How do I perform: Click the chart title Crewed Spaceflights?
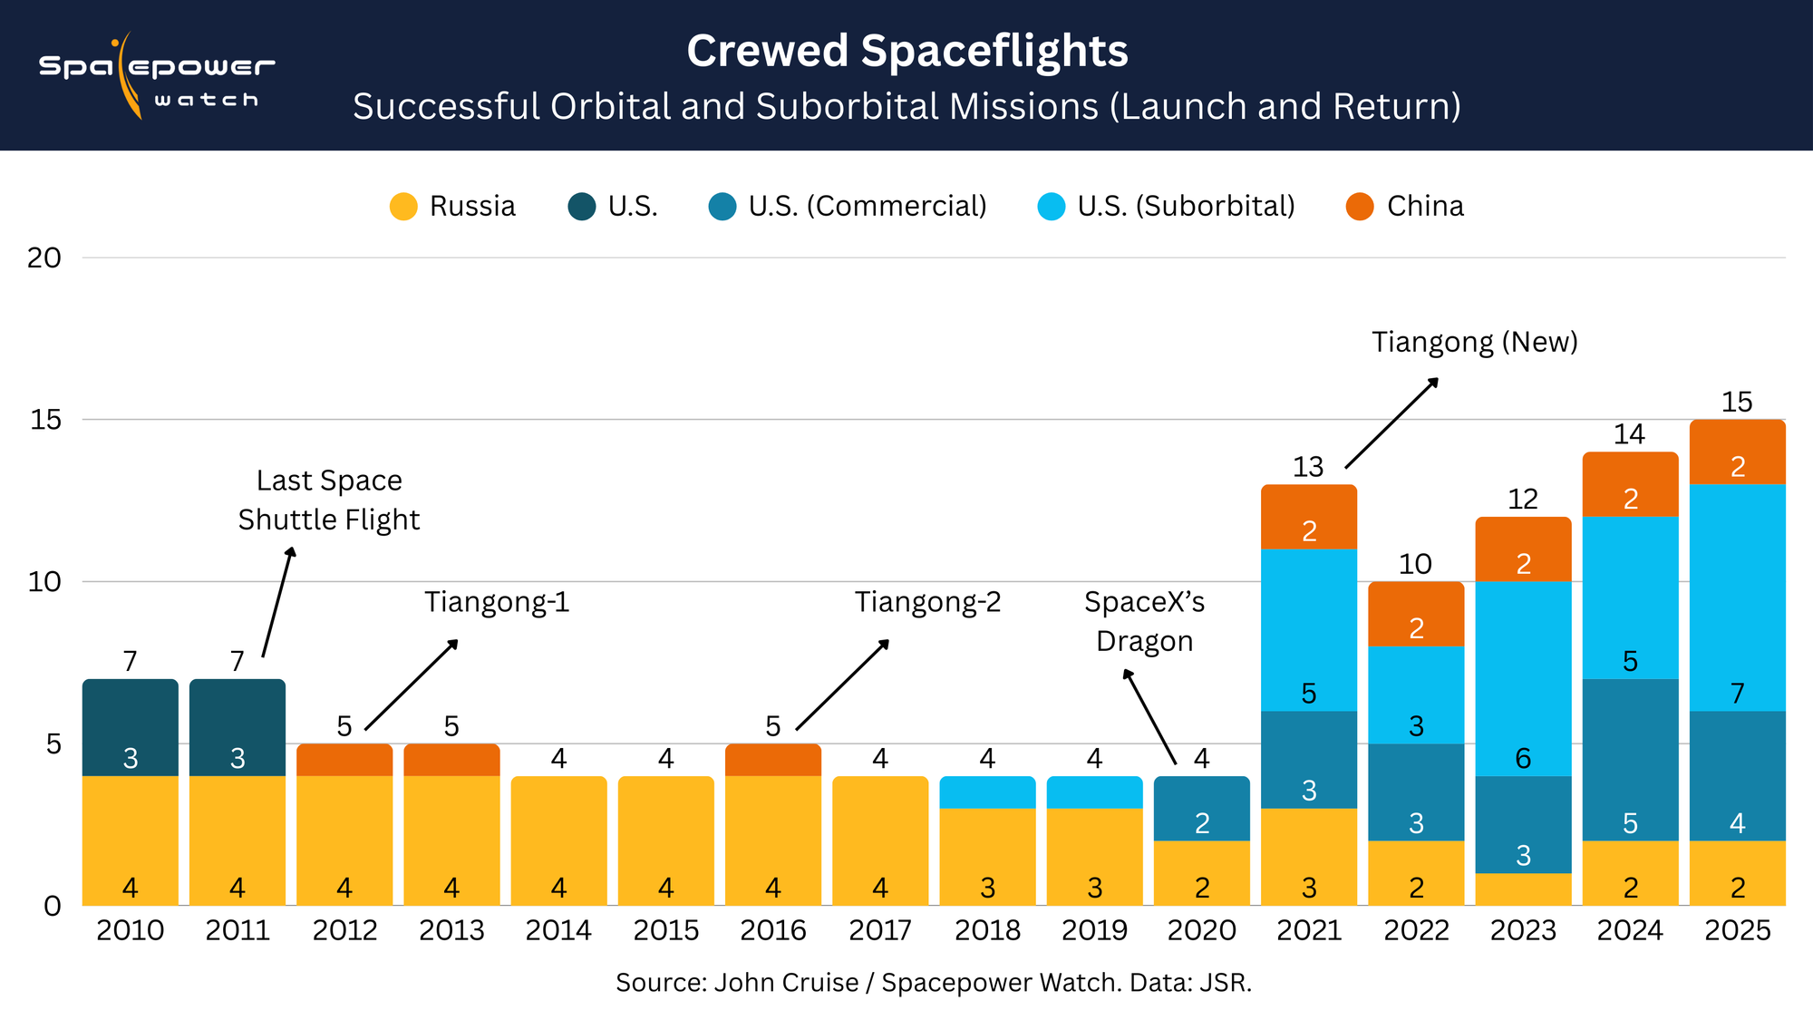[x=906, y=51]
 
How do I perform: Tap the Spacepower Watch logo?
[x=156, y=77]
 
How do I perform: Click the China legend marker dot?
[x=1360, y=207]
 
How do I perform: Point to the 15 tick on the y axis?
[x=45, y=420]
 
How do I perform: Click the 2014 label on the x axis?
[x=558, y=930]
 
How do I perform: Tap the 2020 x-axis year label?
[x=1201, y=930]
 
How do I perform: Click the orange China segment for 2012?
[x=344, y=760]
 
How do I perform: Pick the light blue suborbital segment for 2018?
[x=987, y=792]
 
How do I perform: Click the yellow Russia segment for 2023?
[x=1523, y=889]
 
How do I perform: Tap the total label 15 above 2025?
[x=1737, y=402]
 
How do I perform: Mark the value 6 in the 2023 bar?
[x=1523, y=758]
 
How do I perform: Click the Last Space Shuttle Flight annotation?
[x=329, y=500]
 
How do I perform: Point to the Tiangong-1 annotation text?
[x=497, y=602]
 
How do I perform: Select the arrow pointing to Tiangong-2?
[x=842, y=685]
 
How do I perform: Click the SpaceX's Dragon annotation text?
[x=1144, y=621]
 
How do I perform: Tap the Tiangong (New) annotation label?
[x=1474, y=342]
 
